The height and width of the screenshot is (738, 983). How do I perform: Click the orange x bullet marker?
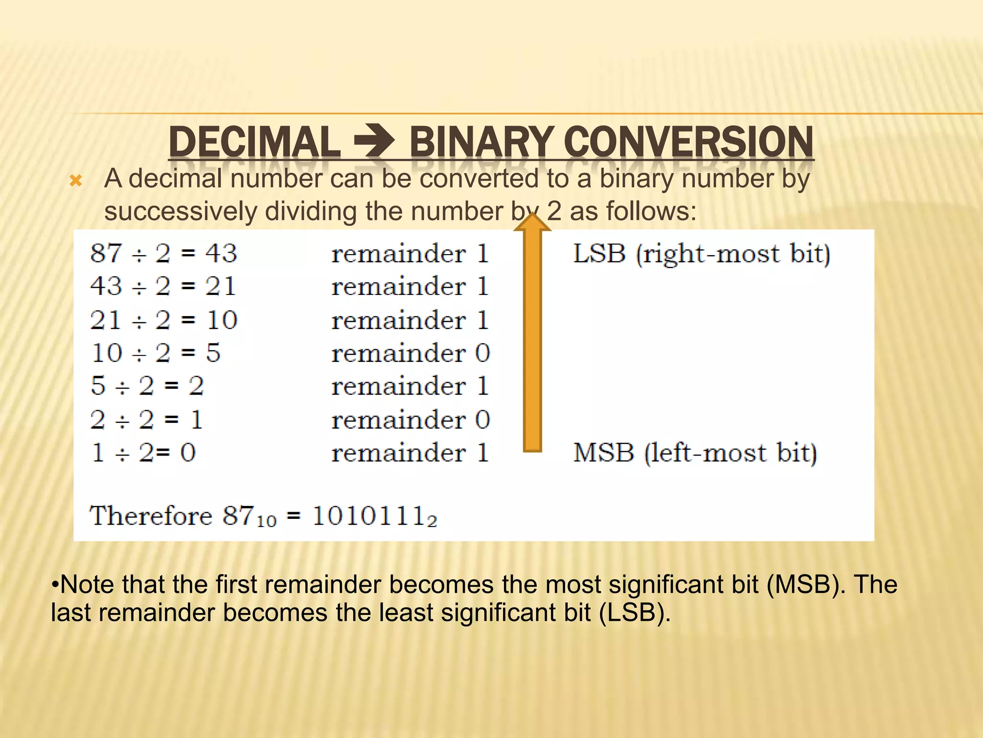76,181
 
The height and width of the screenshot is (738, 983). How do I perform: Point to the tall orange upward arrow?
532,336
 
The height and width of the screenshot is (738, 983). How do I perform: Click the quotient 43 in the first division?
221,253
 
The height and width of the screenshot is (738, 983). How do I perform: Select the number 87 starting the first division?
106,253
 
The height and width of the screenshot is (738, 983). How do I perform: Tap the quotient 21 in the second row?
221,286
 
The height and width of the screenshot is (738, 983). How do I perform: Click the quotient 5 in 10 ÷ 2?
213,353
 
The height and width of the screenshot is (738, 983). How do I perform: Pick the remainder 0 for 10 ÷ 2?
482,353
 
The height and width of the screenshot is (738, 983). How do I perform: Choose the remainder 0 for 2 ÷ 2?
482,419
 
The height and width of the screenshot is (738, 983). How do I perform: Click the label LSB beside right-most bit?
599,253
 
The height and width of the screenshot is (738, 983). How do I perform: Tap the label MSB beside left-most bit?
604,453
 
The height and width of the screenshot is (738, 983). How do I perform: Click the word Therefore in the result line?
151,516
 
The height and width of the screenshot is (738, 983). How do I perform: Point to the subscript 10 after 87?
267,521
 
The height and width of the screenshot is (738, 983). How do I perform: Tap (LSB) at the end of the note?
634,613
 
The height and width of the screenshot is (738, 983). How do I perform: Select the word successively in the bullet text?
180,211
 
